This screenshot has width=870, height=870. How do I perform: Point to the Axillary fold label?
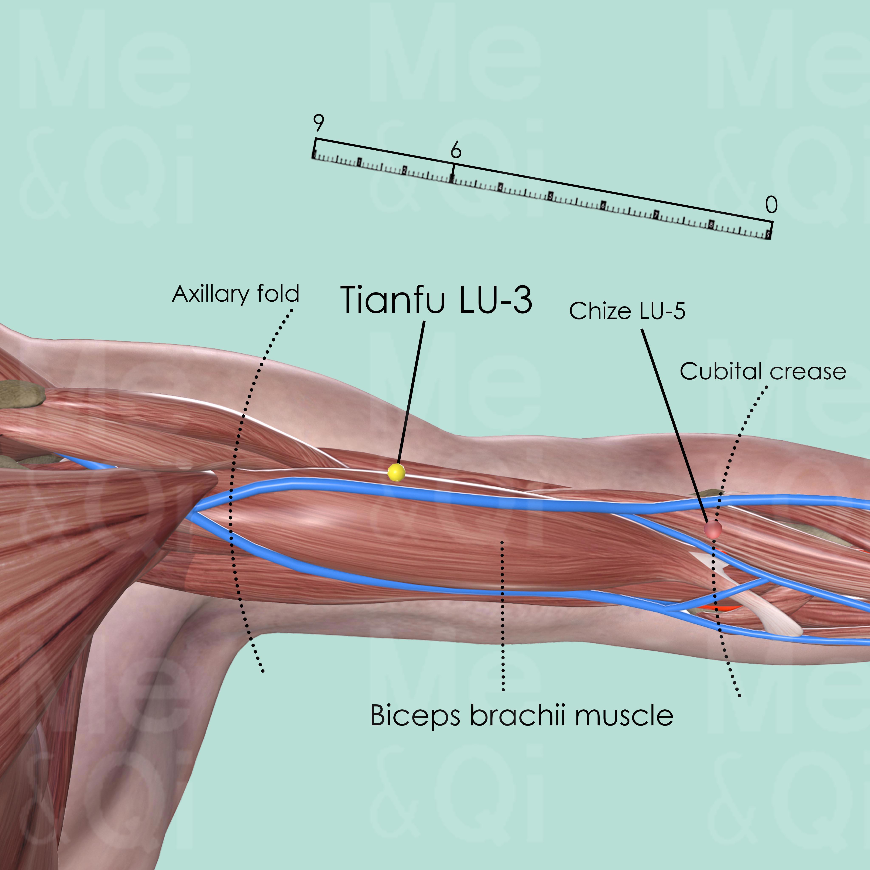(236, 294)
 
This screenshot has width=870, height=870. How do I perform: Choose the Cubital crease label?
(763, 371)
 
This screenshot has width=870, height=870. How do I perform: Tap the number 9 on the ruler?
(318, 122)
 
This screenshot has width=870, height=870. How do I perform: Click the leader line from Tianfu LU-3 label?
(411, 392)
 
